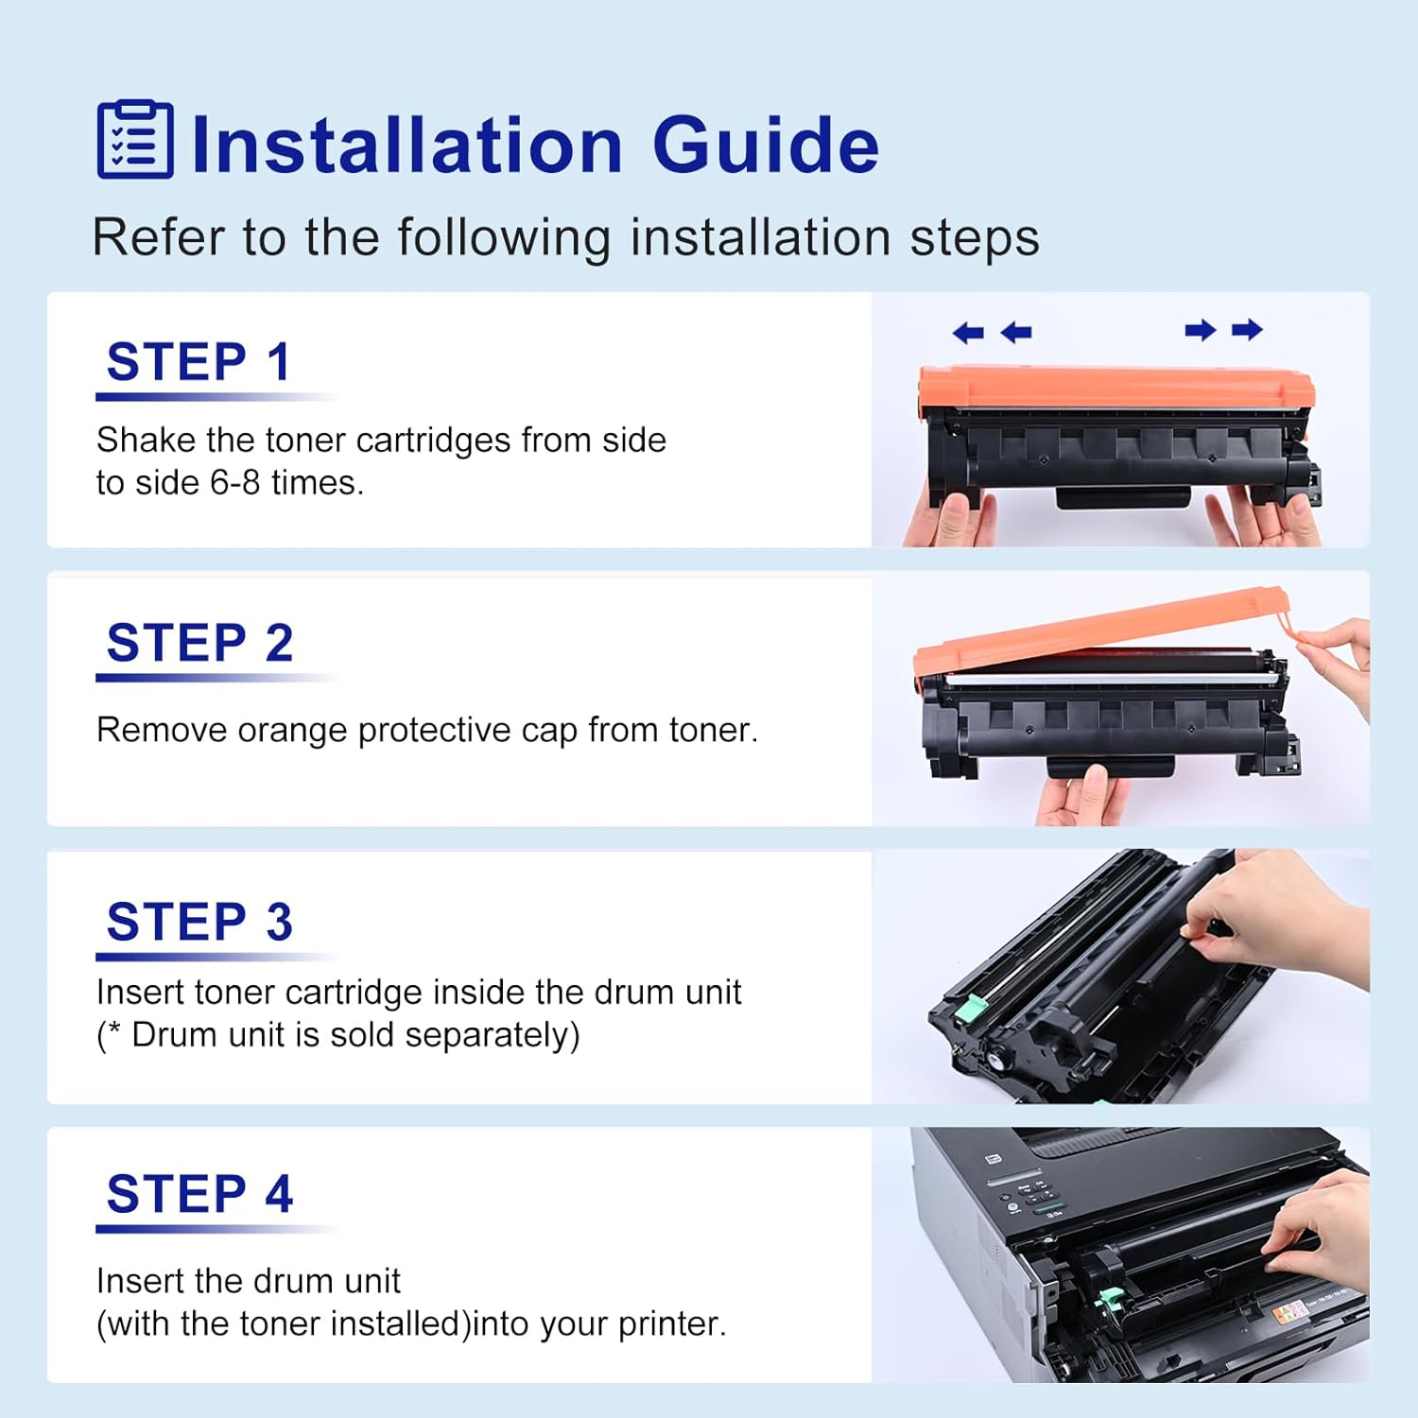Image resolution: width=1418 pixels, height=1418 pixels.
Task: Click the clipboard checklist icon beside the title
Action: coord(135,140)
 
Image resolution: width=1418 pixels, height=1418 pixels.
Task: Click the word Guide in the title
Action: coord(766,146)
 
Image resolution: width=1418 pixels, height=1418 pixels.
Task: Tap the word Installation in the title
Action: coord(406,146)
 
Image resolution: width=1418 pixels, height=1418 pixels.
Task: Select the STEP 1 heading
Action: coord(199,362)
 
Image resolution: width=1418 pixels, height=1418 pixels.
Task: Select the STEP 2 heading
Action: coord(199,644)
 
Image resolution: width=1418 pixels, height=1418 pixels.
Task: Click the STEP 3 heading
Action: coord(199,922)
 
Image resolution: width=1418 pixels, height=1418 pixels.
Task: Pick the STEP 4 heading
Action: coord(199,1194)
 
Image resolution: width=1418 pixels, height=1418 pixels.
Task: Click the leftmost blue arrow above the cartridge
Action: coord(968,333)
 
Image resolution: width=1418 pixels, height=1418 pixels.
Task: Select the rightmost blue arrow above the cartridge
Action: coord(1247,330)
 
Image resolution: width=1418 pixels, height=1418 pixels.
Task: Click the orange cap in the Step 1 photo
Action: coord(1115,388)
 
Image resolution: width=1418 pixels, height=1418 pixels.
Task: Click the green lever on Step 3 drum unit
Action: coord(966,1010)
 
